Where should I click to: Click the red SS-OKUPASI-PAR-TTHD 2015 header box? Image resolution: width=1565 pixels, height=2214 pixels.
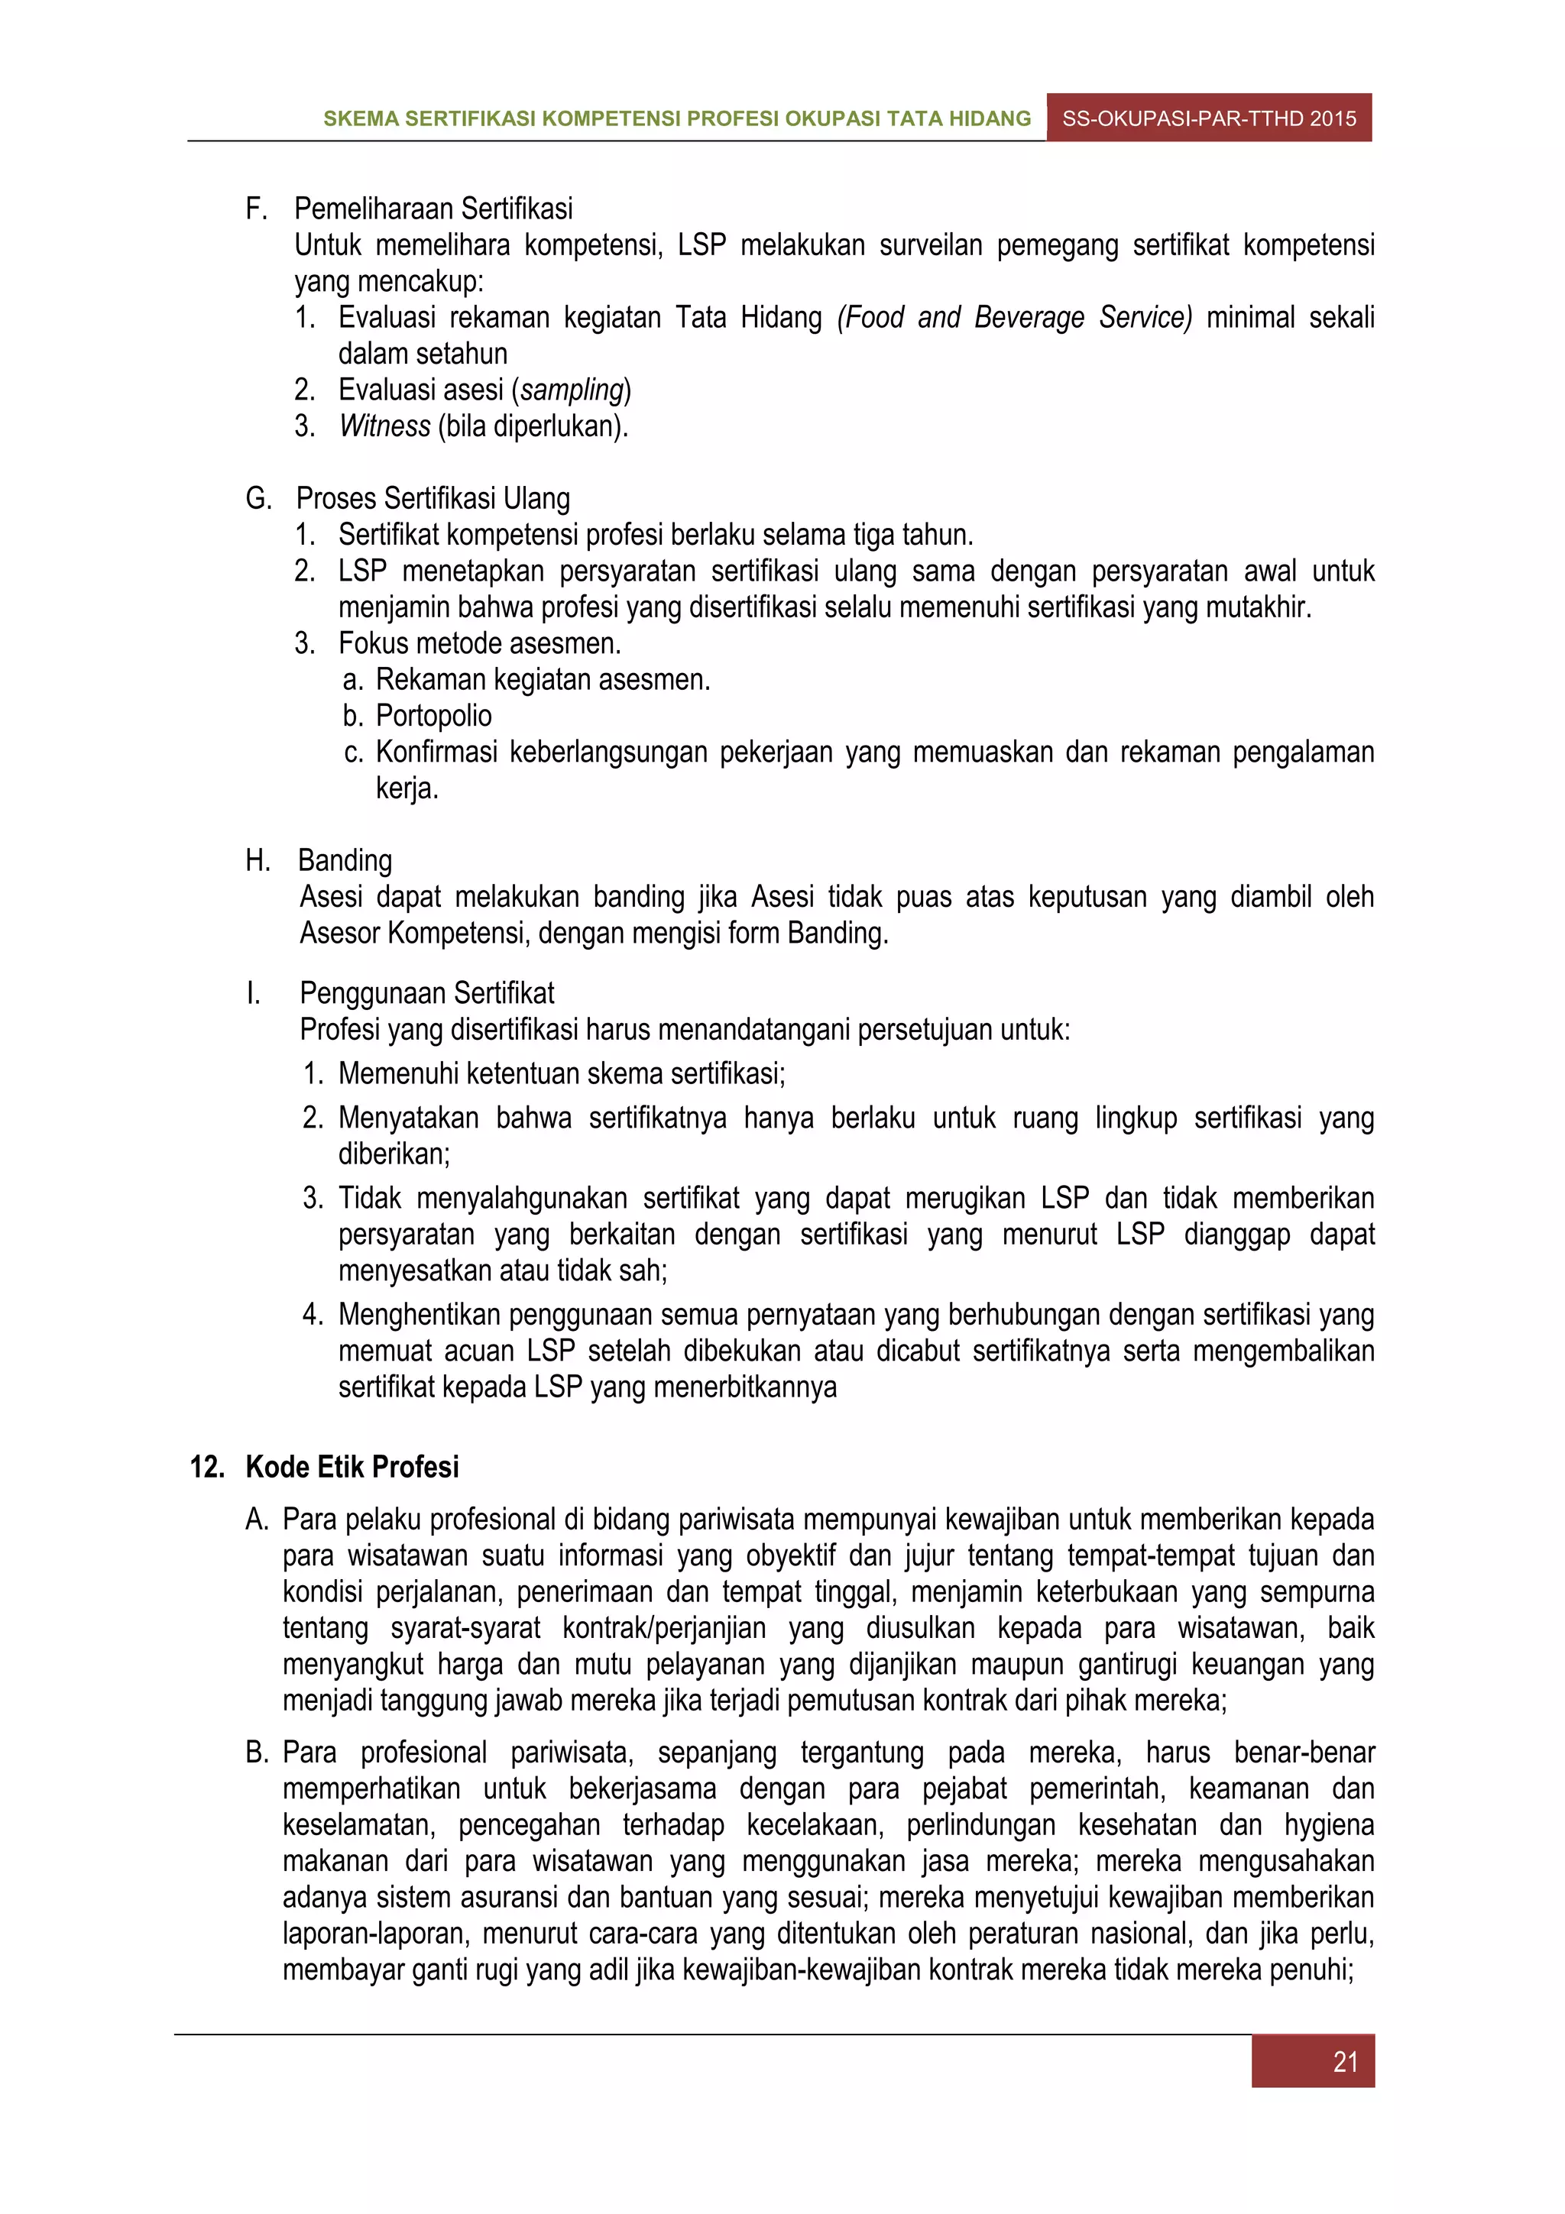[x=1208, y=118]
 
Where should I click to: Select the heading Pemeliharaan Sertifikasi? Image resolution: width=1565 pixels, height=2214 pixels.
[x=433, y=209]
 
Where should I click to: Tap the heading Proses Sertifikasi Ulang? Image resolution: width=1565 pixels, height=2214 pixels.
[x=433, y=499]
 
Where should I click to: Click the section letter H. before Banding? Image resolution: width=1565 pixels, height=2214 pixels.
[x=258, y=860]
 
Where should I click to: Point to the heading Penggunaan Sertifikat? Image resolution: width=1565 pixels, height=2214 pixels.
[x=426, y=993]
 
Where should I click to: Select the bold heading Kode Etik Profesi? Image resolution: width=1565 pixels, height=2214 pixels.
[x=352, y=1467]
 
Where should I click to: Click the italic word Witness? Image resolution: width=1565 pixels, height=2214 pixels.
[x=384, y=426]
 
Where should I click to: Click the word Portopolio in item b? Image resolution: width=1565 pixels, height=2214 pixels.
[x=433, y=716]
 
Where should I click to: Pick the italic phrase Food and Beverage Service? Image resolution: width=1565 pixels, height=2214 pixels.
[x=1014, y=317]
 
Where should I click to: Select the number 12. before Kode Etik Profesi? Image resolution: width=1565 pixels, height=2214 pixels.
[x=207, y=1467]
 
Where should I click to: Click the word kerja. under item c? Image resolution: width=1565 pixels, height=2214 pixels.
[x=407, y=788]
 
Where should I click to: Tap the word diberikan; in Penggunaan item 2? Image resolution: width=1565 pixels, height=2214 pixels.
[x=394, y=1154]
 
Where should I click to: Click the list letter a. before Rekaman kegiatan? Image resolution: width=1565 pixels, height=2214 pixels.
[x=353, y=681]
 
